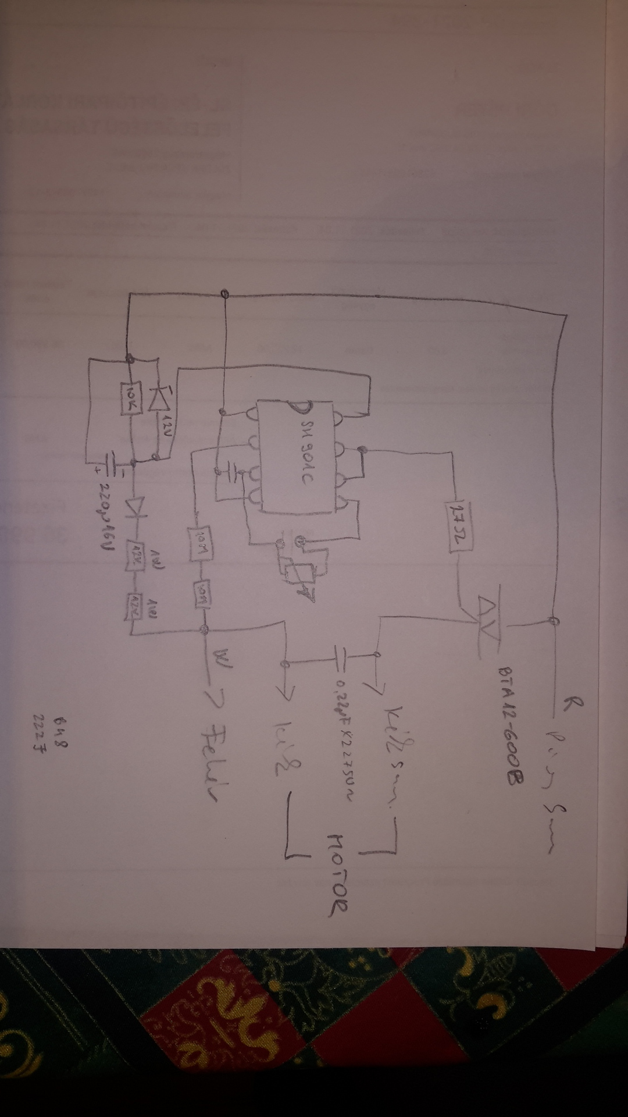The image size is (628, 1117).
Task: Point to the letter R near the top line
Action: tap(565, 706)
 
